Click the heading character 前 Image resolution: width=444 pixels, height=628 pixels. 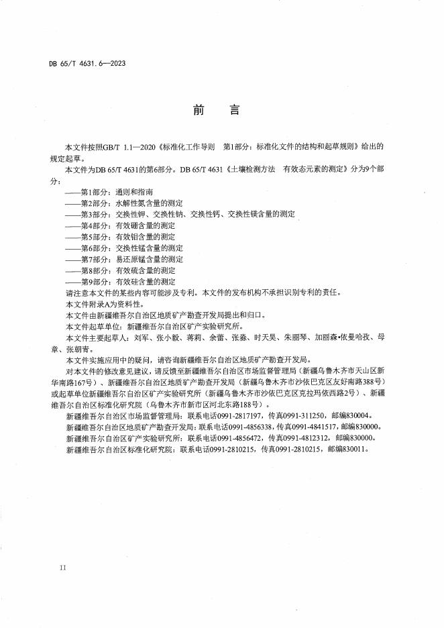pos(199,110)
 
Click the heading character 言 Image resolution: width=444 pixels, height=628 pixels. pos(234,110)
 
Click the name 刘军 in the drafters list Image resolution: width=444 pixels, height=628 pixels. pos(141,338)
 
